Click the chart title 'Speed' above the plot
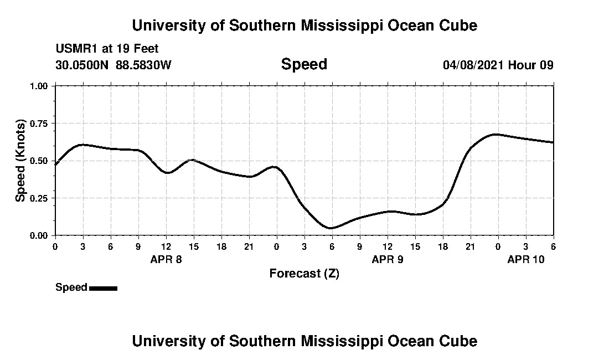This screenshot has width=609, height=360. tap(304, 64)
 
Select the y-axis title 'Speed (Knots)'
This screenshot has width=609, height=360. tap(20, 160)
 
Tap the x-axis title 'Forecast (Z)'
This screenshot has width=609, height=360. tap(304, 273)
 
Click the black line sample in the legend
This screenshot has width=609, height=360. tap(103, 288)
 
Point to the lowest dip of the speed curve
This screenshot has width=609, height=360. tap(331, 228)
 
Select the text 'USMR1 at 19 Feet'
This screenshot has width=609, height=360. tap(107, 49)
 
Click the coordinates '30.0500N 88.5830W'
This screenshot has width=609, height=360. tap(113, 65)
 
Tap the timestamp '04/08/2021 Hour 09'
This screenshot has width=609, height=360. tap(498, 65)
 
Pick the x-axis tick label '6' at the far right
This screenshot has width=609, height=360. tap(554, 246)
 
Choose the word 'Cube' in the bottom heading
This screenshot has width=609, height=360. tap(461, 341)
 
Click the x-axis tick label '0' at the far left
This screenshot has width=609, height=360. tap(55, 246)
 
